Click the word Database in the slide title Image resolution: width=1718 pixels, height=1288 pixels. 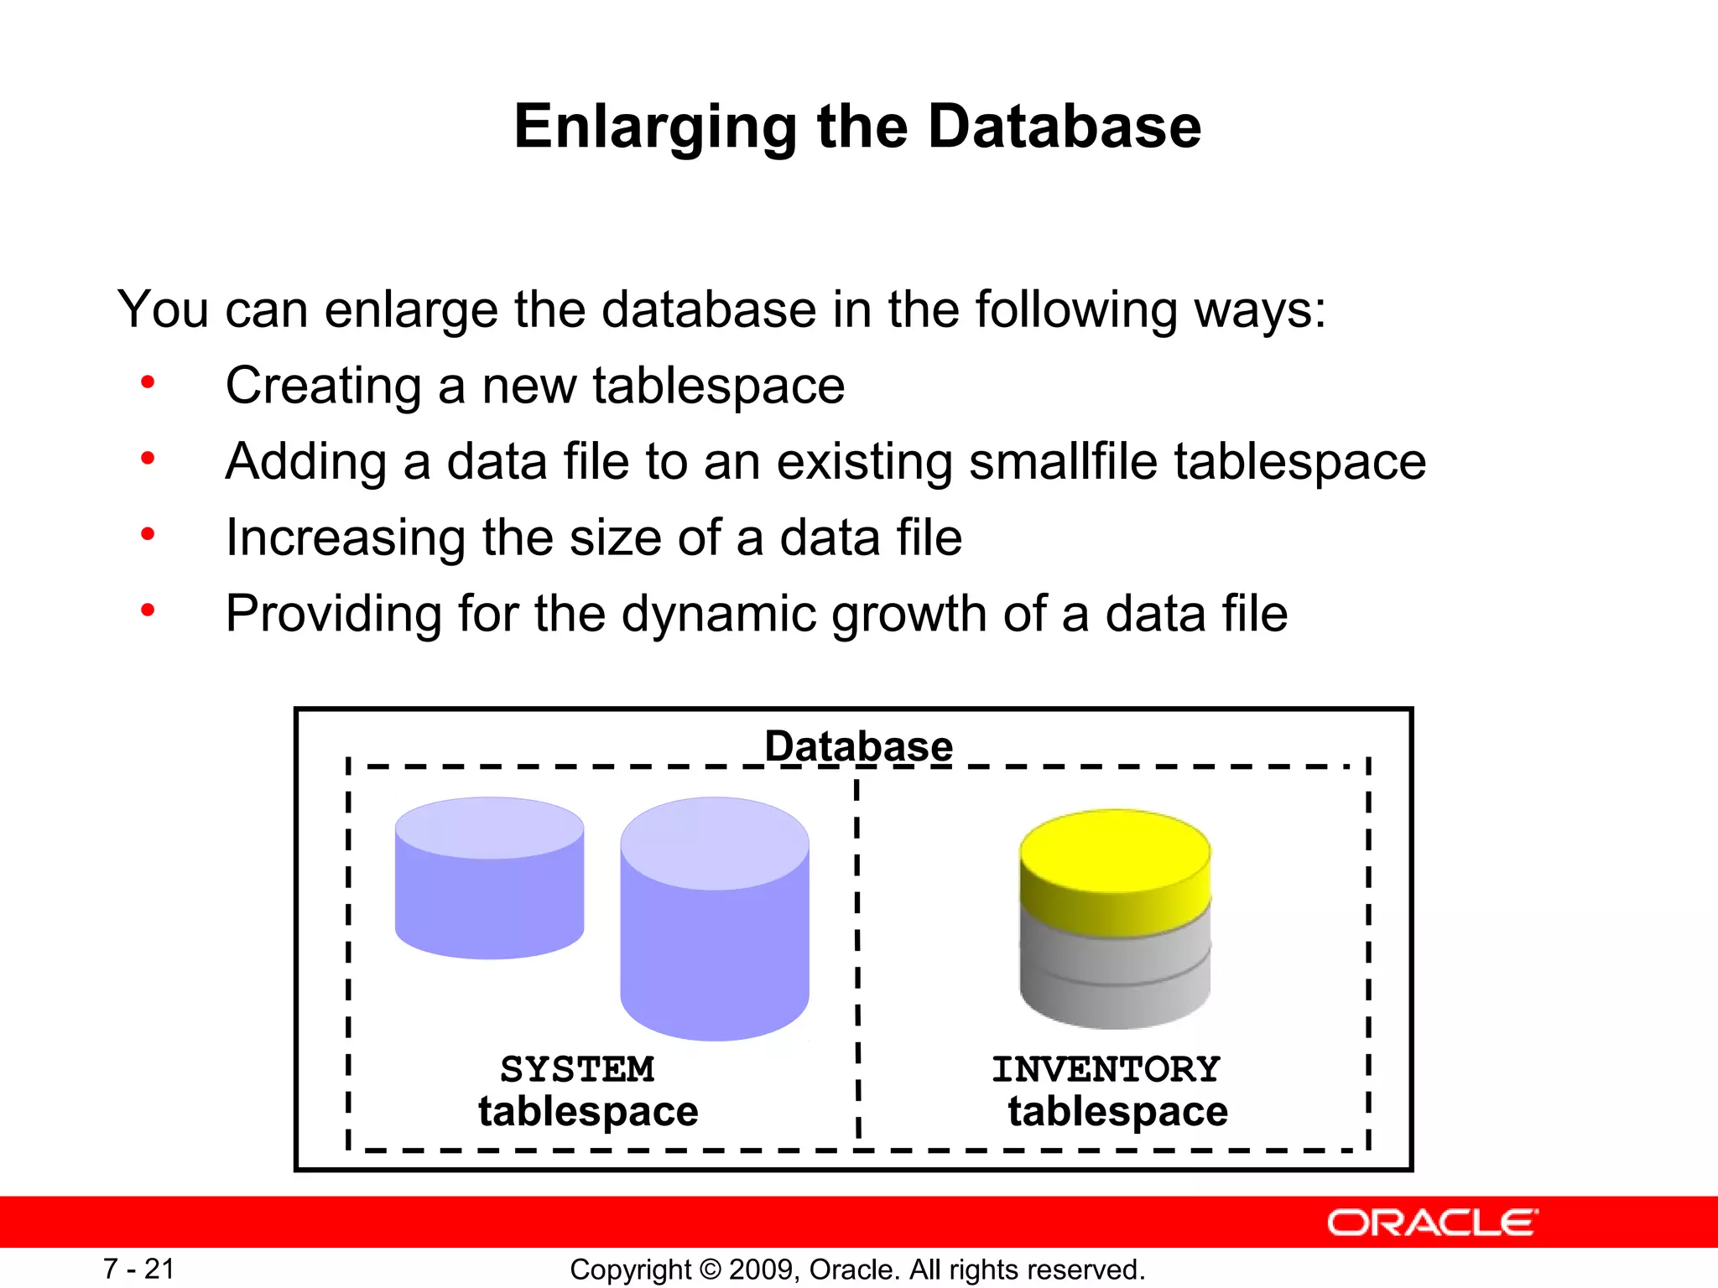coord(1064,127)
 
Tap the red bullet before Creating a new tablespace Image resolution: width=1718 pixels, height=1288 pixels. coord(148,383)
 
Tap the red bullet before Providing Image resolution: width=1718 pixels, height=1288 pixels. coord(148,610)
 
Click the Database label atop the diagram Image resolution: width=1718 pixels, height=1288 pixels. coord(858,745)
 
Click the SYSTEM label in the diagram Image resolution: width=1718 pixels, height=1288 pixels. coord(577,1069)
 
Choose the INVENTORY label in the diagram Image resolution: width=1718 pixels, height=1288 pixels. coord(1106,1069)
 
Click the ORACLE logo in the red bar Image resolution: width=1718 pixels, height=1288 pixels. coord(1432,1223)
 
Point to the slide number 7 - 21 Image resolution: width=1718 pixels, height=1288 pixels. coord(138,1269)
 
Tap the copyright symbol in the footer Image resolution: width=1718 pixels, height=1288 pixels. coord(710,1270)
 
